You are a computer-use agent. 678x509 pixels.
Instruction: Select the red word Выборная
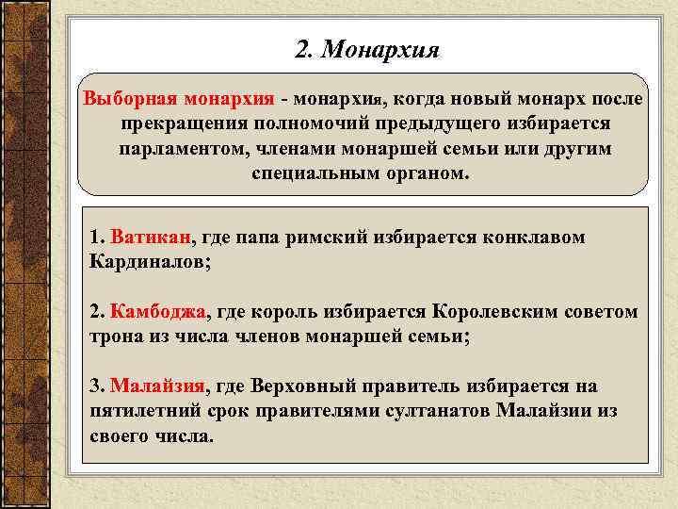pos(130,99)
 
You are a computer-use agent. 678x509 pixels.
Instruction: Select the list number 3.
pos(95,386)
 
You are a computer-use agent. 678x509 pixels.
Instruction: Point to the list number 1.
pos(95,236)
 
